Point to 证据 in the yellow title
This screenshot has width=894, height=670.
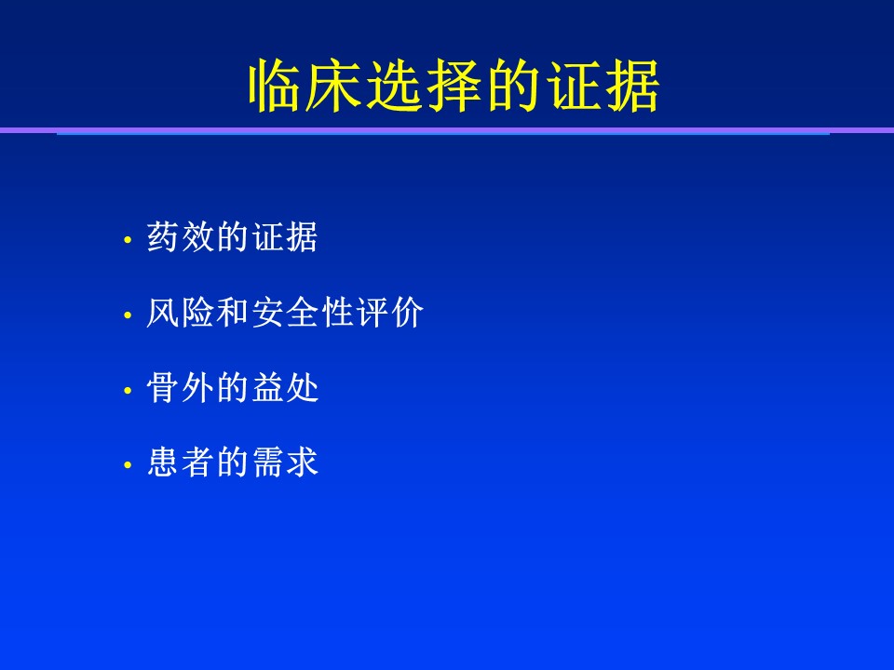point(603,86)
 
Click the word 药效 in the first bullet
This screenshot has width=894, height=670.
point(180,237)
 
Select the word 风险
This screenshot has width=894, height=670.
point(180,313)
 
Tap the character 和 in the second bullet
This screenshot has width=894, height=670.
point(233,313)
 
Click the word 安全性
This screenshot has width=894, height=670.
point(302,313)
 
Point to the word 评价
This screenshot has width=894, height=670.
point(390,313)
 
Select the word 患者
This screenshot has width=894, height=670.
point(180,462)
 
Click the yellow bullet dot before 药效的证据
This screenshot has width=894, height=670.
point(128,240)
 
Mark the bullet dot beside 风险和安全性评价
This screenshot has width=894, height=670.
point(128,315)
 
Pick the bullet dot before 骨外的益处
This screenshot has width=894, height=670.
point(128,390)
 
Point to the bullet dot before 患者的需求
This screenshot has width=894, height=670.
point(128,465)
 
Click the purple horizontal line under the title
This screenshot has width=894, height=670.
point(447,130)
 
